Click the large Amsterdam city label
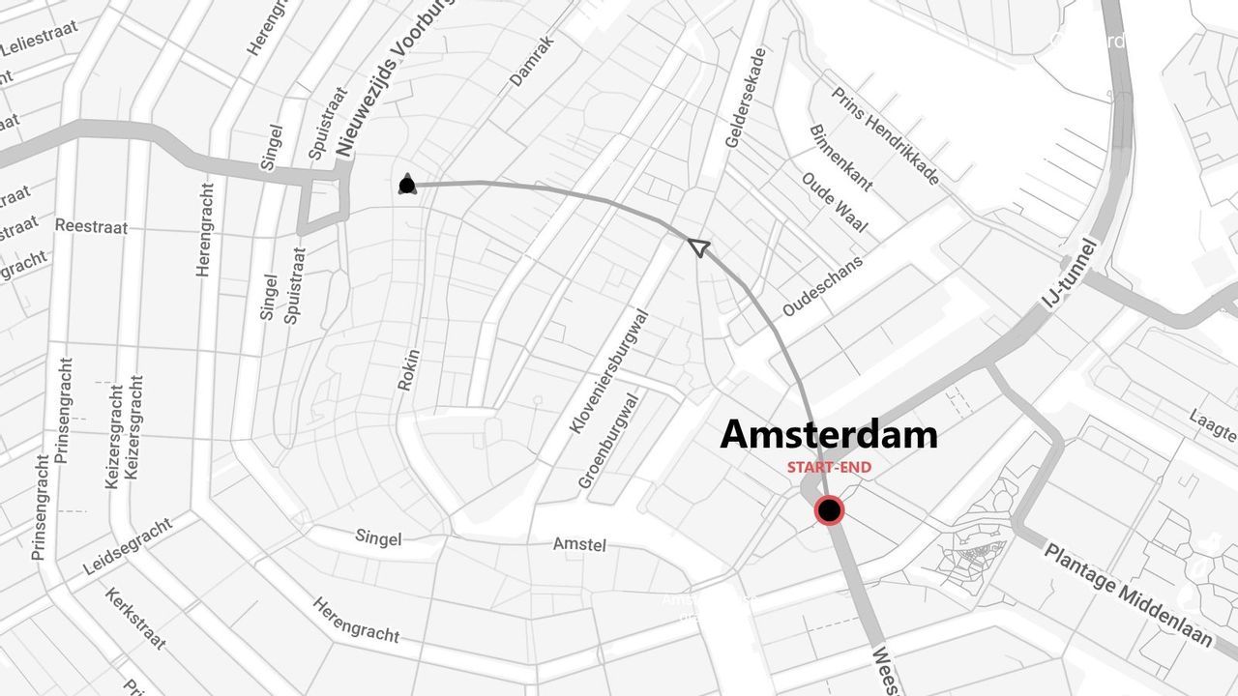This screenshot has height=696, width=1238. pos(829,435)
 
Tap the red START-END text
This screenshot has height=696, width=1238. pos(829,468)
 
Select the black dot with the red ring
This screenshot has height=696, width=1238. pos(829,510)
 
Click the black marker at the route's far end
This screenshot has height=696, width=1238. pos(407,186)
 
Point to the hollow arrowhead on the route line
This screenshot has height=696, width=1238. pos(698,247)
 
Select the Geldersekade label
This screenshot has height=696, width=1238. pos(746,98)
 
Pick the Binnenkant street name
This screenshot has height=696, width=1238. pos(840,158)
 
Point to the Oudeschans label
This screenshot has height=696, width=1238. pos(822,286)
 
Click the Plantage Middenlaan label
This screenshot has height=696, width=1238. pos(1127,594)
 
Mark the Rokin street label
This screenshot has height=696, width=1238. pos(409,369)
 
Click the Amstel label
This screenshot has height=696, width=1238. pos(580,545)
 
